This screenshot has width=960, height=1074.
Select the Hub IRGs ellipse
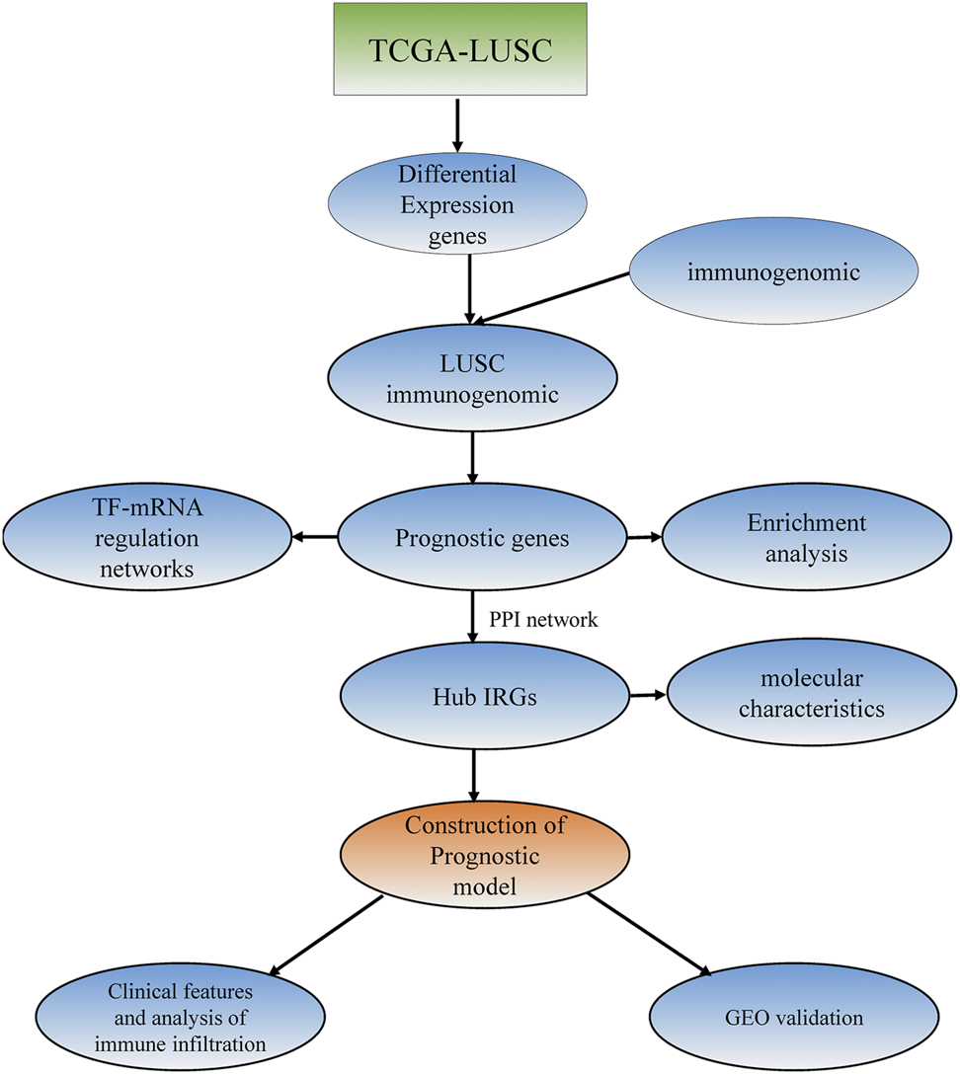pos(484,697)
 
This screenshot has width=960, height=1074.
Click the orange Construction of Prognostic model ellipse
pos(474,853)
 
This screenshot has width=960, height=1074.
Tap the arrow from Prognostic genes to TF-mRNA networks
pos(314,538)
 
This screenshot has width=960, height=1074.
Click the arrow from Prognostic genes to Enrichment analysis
pos(643,537)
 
